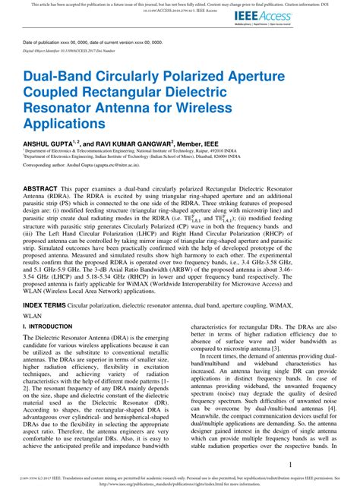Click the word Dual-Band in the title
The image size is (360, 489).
(59, 78)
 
